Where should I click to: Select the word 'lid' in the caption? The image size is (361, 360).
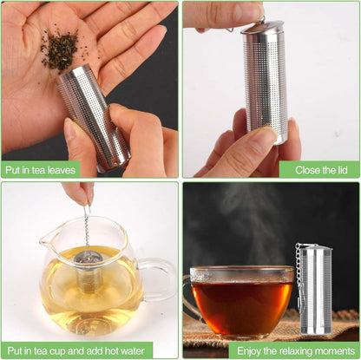coord(341,170)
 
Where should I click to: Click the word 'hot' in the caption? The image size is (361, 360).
coord(112,351)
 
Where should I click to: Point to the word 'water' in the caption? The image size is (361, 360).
coord(133,351)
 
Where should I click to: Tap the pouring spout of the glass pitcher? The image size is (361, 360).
coord(48,239)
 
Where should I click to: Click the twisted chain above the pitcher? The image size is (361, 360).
coord(87,228)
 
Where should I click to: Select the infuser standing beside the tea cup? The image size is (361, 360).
coord(315,289)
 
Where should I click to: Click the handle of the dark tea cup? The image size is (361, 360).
coord(188,301)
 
